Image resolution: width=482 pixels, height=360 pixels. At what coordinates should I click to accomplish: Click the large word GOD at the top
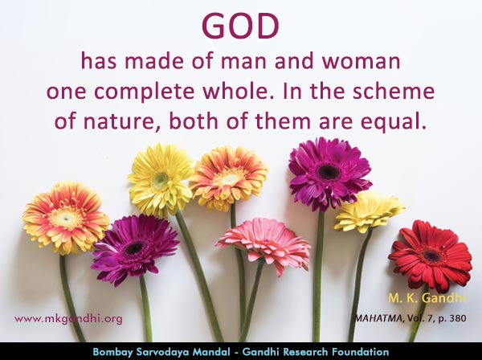[x=241, y=26]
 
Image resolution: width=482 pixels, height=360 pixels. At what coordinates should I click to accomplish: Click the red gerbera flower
[x=431, y=256]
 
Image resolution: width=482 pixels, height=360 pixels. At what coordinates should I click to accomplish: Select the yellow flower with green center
[x=161, y=180]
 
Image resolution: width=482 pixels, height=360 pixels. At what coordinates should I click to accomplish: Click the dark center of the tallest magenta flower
[x=329, y=172]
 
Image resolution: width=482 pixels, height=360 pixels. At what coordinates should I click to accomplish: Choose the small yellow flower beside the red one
[x=369, y=212]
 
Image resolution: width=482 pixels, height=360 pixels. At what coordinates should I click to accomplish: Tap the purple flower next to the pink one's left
[x=135, y=250]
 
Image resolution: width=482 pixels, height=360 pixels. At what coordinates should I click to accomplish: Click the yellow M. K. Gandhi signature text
[x=427, y=298]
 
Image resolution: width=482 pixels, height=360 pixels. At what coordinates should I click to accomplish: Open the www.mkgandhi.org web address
[x=68, y=319]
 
